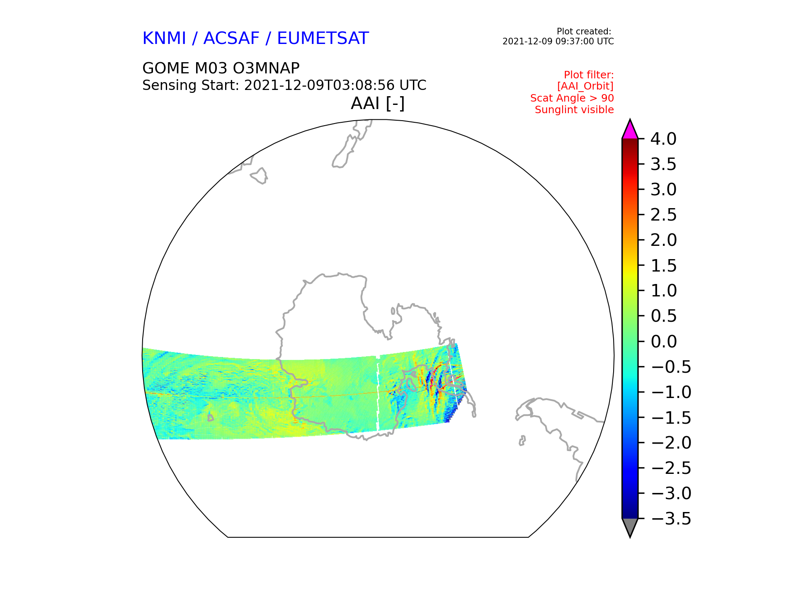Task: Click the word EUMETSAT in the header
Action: click(323, 38)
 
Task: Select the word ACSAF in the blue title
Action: click(231, 38)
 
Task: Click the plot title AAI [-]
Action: click(378, 103)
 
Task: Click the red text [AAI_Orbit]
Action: click(585, 86)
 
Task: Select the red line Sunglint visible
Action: click(574, 110)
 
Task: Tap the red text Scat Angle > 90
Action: click(572, 98)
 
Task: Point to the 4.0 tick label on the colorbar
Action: click(663, 139)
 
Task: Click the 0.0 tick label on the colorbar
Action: click(663, 342)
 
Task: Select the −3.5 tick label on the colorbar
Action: click(671, 519)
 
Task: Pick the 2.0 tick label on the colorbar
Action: click(663, 240)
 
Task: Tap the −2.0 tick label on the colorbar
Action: click(671, 443)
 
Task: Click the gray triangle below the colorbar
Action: click(630, 527)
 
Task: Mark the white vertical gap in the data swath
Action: click(378, 394)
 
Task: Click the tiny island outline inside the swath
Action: click(211, 418)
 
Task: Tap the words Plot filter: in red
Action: click(589, 75)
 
